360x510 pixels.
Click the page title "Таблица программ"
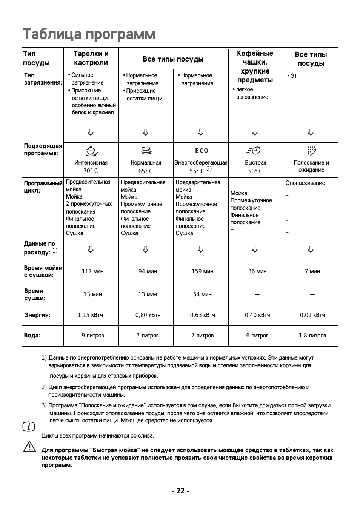[x=89, y=34]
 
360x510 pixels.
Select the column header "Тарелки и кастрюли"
[x=91, y=58]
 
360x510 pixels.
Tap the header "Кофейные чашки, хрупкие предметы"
[x=255, y=66]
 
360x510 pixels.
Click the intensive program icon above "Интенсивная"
[x=91, y=151]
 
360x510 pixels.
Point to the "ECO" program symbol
[x=202, y=151]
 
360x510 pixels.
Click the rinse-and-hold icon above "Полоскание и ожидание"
[x=311, y=151]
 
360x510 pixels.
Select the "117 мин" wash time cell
[x=92, y=271]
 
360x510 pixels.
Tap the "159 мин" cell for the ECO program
[x=202, y=271]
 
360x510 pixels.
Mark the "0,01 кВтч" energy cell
[x=312, y=315]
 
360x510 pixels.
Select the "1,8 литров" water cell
[x=312, y=335]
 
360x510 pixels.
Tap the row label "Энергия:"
[x=37, y=315]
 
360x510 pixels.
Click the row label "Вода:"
[x=32, y=335]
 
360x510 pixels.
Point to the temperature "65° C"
[x=146, y=171]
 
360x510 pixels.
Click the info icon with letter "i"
[x=29, y=427]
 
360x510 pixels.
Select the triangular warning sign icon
[x=29, y=447]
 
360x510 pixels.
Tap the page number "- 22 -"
[x=180, y=491]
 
